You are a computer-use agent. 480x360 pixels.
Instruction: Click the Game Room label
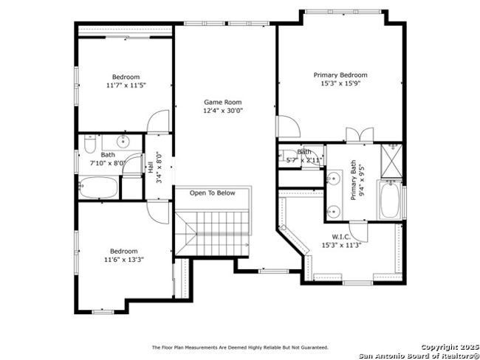click(222, 102)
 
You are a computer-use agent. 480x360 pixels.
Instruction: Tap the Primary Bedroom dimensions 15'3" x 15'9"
click(340, 83)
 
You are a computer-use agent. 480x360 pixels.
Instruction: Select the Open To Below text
click(213, 193)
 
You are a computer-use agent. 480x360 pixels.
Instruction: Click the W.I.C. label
click(341, 237)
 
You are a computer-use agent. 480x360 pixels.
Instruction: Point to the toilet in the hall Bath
click(90, 144)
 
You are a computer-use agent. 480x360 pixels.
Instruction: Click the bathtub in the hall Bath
click(98, 187)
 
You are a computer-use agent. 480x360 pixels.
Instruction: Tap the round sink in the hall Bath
click(123, 142)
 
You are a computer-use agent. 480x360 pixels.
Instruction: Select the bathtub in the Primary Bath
click(390, 200)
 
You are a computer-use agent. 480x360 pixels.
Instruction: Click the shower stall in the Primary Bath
click(391, 161)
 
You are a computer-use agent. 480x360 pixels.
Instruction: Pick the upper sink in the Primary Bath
click(334, 178)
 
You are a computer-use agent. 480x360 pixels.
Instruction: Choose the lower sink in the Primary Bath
click(334, 211)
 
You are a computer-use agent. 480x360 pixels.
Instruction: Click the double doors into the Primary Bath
click(360, 135)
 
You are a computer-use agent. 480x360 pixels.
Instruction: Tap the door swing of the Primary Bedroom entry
click(288, 126)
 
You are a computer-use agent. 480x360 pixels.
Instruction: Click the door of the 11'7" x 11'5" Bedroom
click(158, 122)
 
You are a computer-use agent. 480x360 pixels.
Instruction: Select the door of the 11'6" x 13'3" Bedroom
click(158, 212)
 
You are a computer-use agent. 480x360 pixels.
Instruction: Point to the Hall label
click(151, 167)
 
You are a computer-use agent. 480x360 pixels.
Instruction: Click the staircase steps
click(212, 233)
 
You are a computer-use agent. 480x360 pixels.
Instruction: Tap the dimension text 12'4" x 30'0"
click(223, 111)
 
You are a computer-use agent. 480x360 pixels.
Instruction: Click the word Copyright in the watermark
click(439, 347)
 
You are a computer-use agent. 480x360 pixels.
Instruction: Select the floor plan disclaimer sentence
click(240, 347)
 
